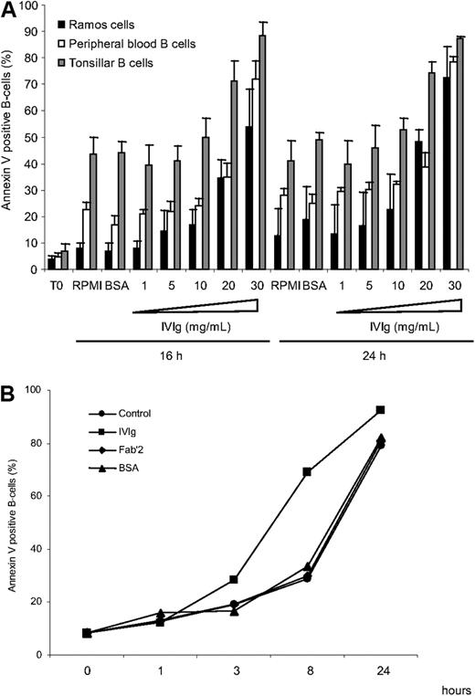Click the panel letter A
pos(9,9)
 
